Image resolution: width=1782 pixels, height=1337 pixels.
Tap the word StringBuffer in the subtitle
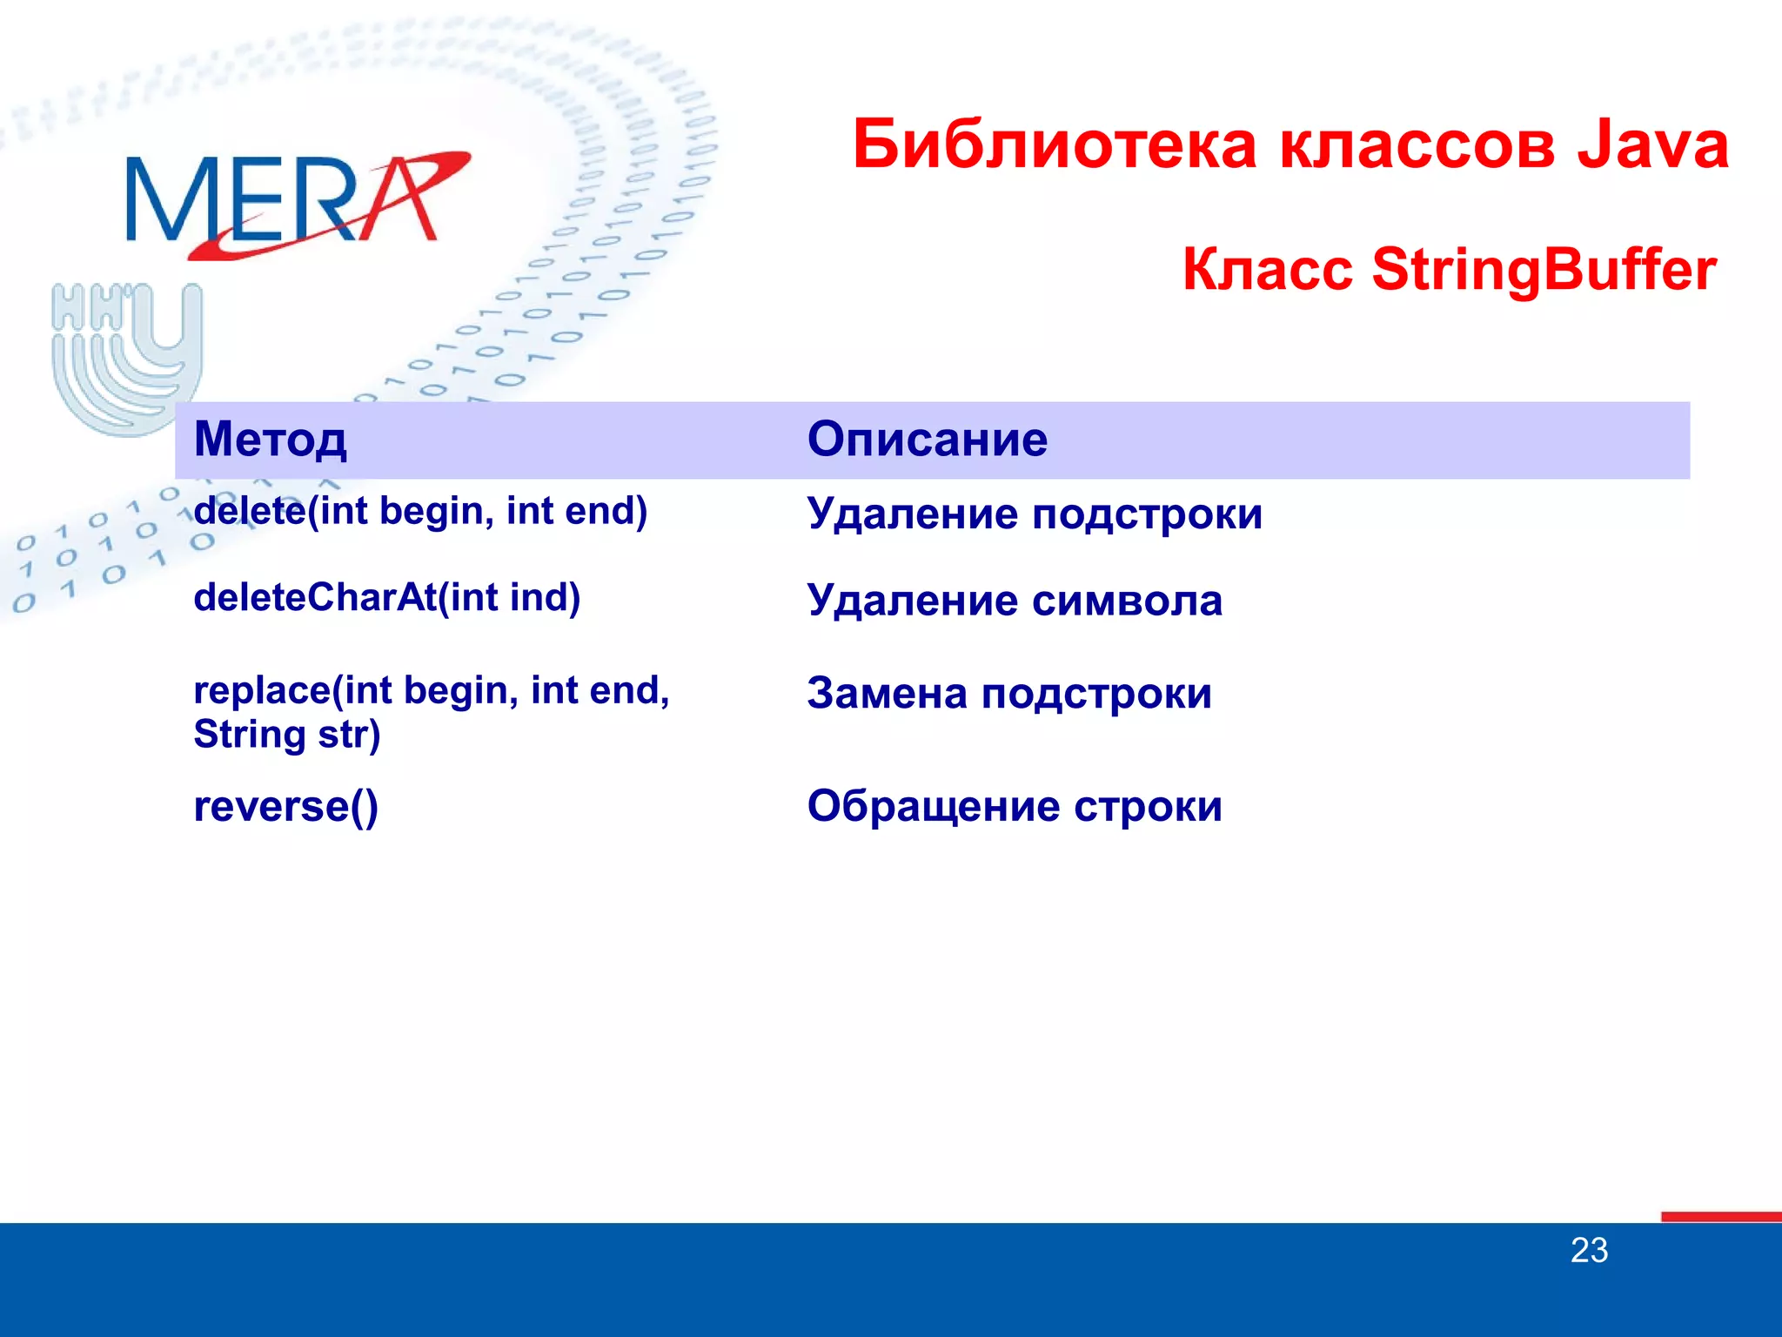1544,270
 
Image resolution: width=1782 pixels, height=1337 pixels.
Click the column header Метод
270,439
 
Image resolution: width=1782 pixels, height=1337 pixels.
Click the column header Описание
927,439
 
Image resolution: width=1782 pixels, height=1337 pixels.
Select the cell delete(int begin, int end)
420,511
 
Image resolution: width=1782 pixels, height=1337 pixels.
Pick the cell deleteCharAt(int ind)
386,598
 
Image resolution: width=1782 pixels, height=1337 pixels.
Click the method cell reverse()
285,806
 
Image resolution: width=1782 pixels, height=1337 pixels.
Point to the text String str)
287,734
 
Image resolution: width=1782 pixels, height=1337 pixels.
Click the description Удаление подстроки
1034,514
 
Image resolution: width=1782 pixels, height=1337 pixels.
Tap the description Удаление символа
1014,601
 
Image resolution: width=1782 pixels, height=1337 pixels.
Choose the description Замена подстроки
1008,694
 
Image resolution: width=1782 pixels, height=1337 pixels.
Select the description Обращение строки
1014,806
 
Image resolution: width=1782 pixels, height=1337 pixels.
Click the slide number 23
1589,1251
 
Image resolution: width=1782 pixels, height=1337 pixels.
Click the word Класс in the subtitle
1267,270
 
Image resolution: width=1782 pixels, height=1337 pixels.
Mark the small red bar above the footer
1720,1216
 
